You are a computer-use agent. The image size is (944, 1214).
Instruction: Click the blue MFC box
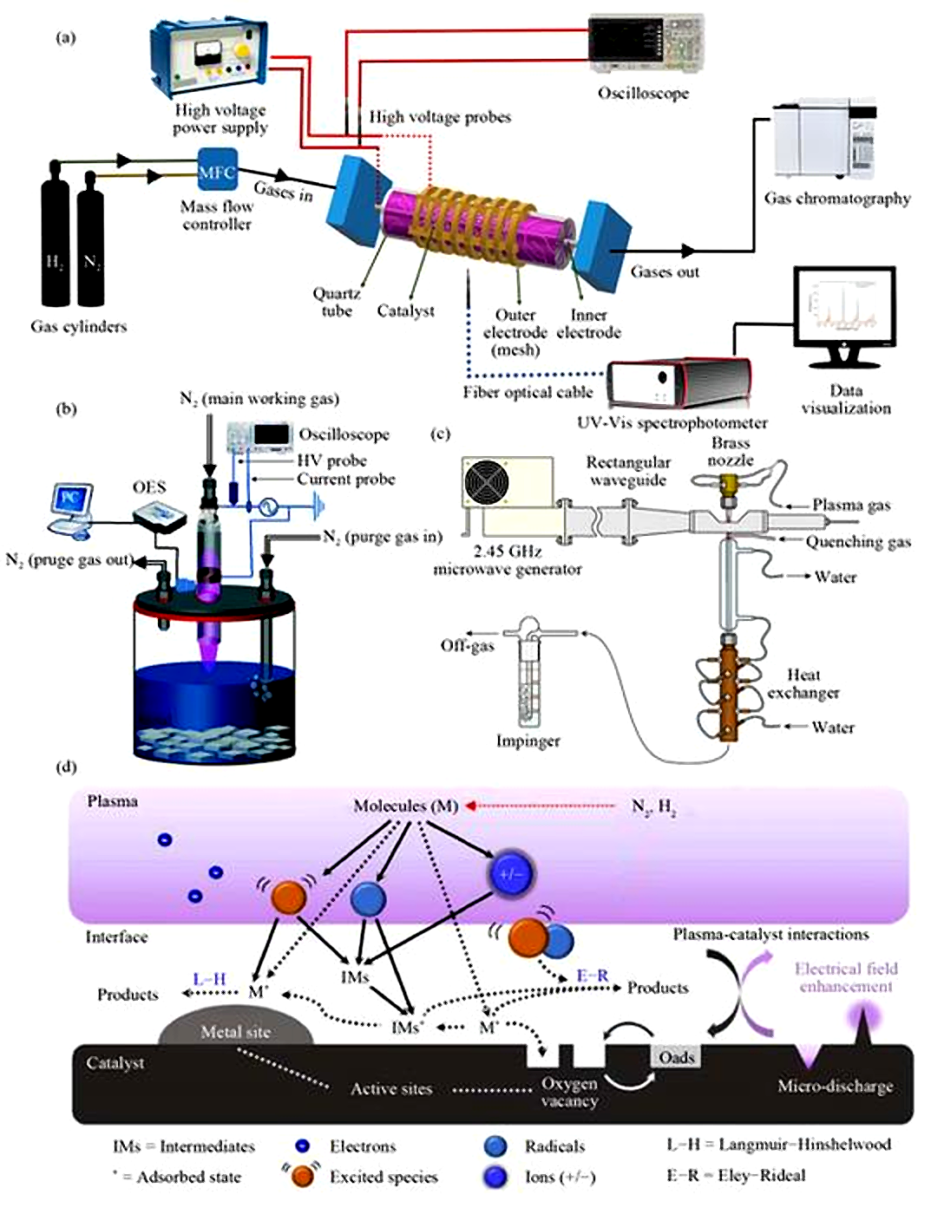point(217,172)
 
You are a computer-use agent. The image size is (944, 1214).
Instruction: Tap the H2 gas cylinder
point(56,247)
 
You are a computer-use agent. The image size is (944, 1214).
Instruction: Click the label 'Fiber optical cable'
point(528,392)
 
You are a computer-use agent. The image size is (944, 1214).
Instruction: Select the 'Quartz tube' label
point(337,302)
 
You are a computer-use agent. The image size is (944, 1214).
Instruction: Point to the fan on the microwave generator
point(487,482)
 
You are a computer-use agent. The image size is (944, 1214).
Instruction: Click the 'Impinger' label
point(528,741)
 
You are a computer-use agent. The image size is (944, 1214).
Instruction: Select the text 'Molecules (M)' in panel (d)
point(405,806)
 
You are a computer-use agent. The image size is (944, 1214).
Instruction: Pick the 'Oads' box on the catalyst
point(676,1057)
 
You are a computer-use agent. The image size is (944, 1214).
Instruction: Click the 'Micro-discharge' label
point(835,1086)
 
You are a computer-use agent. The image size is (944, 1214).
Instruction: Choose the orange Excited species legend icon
point(302,1176)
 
